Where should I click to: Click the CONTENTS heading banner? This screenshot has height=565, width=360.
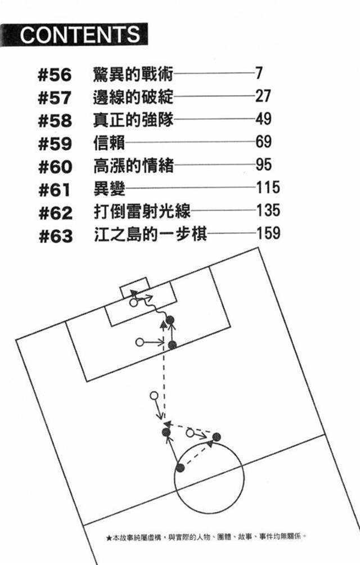pyautogui.click(x=79, y=34)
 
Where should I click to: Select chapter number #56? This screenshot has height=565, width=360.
pyautogui.click(x=55, y=74)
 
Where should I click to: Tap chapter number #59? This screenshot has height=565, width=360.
pyautogui.click(x=55, y=144)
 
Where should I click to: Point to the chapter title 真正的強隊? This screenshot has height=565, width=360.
pyautogui.click(x=133, y=120)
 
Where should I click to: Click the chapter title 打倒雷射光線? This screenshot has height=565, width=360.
pyautogui.click(x=141, y=213)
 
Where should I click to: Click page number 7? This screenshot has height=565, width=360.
pyautogui.click(x=259, y=73)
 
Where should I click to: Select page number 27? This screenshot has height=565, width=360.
pyautogui.click(x=263, y=96)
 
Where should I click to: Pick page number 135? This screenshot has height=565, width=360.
pyautogui.click(x=267, y=212)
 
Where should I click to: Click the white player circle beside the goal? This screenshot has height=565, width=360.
pyautogui.click(x=133, y=303)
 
